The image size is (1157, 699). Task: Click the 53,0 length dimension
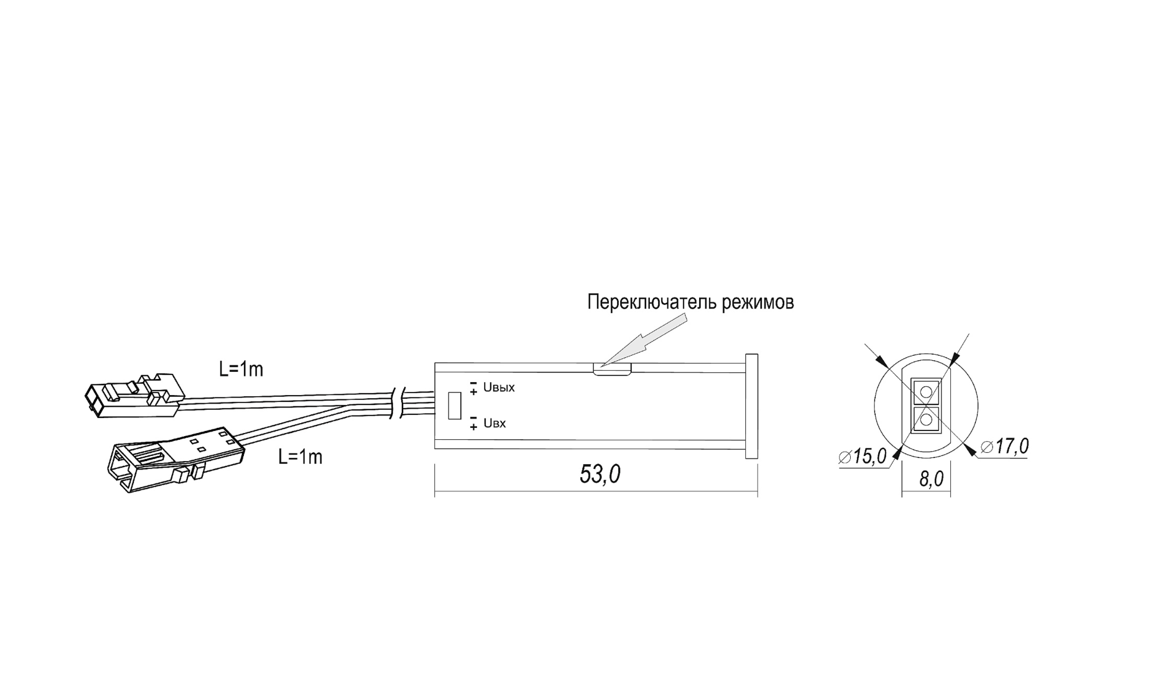click(x=600, y=474)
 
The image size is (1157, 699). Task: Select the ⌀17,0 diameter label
click(x=1005, y=446)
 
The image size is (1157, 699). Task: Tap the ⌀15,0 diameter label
click(x=863, y=456)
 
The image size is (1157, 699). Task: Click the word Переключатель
click(x=652, y=302)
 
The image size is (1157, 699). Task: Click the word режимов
click(x=758, y=302)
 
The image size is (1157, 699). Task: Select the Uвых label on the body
click(x=499, y=387)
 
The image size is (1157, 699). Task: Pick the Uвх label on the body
click(x=494, y=424)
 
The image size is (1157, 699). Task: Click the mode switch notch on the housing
click(x=612, y=369)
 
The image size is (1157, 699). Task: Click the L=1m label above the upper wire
click(x=241, y=369)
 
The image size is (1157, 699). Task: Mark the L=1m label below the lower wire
click(x=300, y=457)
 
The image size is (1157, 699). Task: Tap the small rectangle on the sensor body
click(x=454, y=405)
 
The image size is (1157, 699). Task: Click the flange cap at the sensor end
click(x=751, y=406)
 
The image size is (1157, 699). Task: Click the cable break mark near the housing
click(x=397, y=403)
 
